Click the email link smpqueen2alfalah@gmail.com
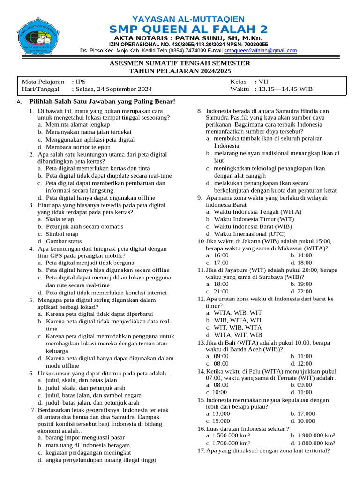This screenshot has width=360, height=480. click(x=260, y=51)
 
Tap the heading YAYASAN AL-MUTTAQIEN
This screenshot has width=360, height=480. click(x=188, y=19)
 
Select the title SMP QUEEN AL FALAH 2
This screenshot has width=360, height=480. click(x=188, y=29)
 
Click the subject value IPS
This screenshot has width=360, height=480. click(x=81, y=81)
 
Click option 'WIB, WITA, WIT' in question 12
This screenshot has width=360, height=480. click(x=238, y=320)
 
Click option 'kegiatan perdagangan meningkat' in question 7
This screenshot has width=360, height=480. click(x=88, y=453)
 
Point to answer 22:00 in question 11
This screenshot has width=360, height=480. click(x=302, y=291)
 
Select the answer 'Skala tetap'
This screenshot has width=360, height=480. click(x=60, y=219)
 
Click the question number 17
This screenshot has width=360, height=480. click(x=201, y=450)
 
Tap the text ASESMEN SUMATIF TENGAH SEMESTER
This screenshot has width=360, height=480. click(x=180, y=63)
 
